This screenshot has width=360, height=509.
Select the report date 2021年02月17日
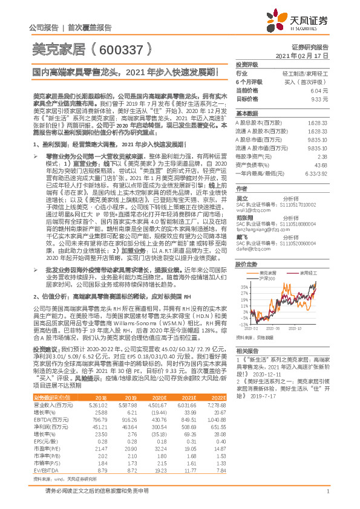(309, 55)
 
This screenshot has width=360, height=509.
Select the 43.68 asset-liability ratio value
(321, 165)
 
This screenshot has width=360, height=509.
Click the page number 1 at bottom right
(327, 498)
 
